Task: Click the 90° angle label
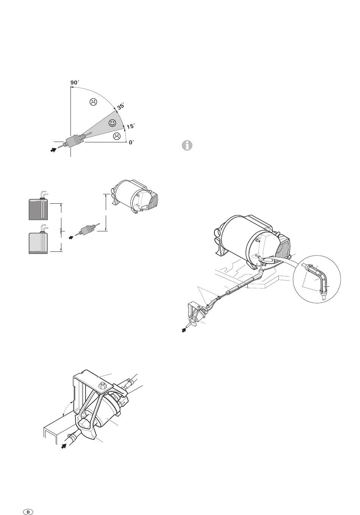point(75,82)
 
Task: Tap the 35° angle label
point(121,106)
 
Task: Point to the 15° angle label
point(131,126)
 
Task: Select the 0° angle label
point(131,142)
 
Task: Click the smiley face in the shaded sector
point(112,123)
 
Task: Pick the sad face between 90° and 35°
point(93,102)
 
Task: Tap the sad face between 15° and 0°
point(117,136)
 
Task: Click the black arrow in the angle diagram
point(53,150)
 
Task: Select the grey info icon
point(187,145)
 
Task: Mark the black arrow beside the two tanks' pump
point(71,237)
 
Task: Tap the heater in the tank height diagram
point(135,197)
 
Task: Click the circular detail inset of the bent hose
point(317,279)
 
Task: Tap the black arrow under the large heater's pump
point(183,330)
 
